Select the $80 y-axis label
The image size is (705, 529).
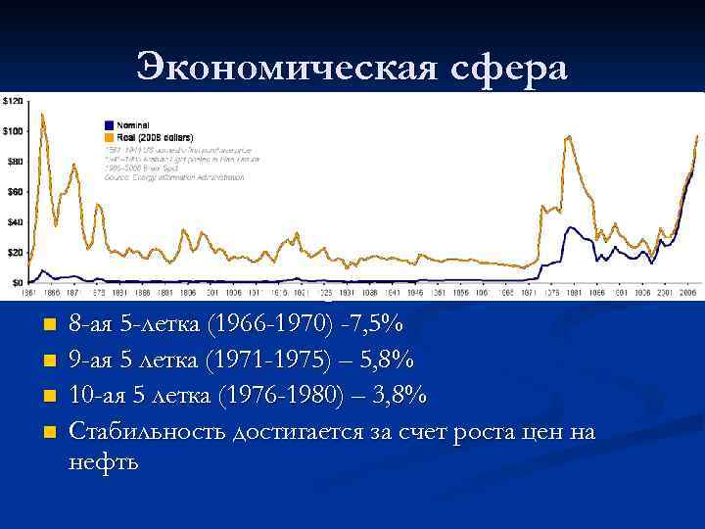pyautogui.click(x=15, y=162)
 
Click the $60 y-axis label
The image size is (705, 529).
pyautogui.click(x=15, y=192)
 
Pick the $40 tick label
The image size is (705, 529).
pyautogui.click(x=15, y=222)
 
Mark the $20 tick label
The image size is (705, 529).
pyautogui.click(x=15, y=253)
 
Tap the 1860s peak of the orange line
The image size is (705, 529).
pyautogui.click(x=43, y=115)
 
